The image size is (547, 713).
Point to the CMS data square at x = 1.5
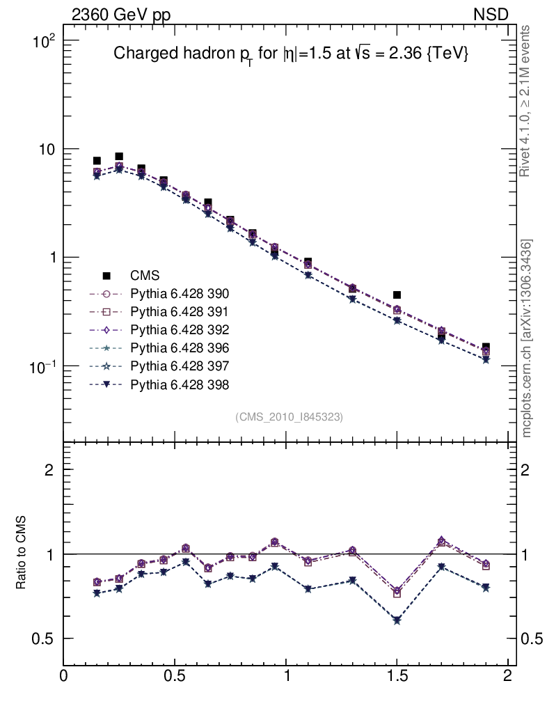(397, 295)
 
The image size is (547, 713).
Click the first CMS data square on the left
(97, 161)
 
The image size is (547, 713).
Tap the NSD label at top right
(491, 15)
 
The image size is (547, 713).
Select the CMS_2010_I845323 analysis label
(289, 417)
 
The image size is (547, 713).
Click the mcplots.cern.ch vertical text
(528, 338)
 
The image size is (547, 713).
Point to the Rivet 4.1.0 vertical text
(528, 101)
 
